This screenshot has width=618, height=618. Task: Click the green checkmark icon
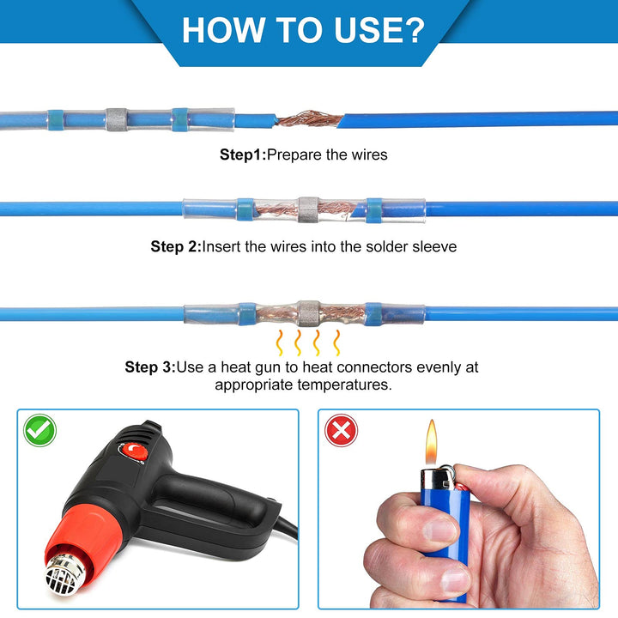point(39,430)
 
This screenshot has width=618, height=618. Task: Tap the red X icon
point(341,430)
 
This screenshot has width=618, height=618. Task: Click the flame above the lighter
point(431,442)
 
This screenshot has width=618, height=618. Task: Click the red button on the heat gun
point(134,452)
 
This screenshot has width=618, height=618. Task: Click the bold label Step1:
point(243,154)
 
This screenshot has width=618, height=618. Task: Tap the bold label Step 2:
point(176,246)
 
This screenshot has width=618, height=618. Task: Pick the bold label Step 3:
point(149,367)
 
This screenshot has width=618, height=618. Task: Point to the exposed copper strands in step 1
point(309,118)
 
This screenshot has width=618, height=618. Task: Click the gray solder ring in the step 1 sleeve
point(117,119)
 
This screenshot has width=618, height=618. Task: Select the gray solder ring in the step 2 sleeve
point(308,209)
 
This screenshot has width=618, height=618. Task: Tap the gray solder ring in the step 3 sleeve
point(308,313)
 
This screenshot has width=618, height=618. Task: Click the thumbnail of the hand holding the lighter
point(458,509)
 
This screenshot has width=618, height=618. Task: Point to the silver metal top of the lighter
point(438,478)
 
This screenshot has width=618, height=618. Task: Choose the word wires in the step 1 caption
point(369,154)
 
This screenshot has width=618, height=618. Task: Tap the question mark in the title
point(414,30)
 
